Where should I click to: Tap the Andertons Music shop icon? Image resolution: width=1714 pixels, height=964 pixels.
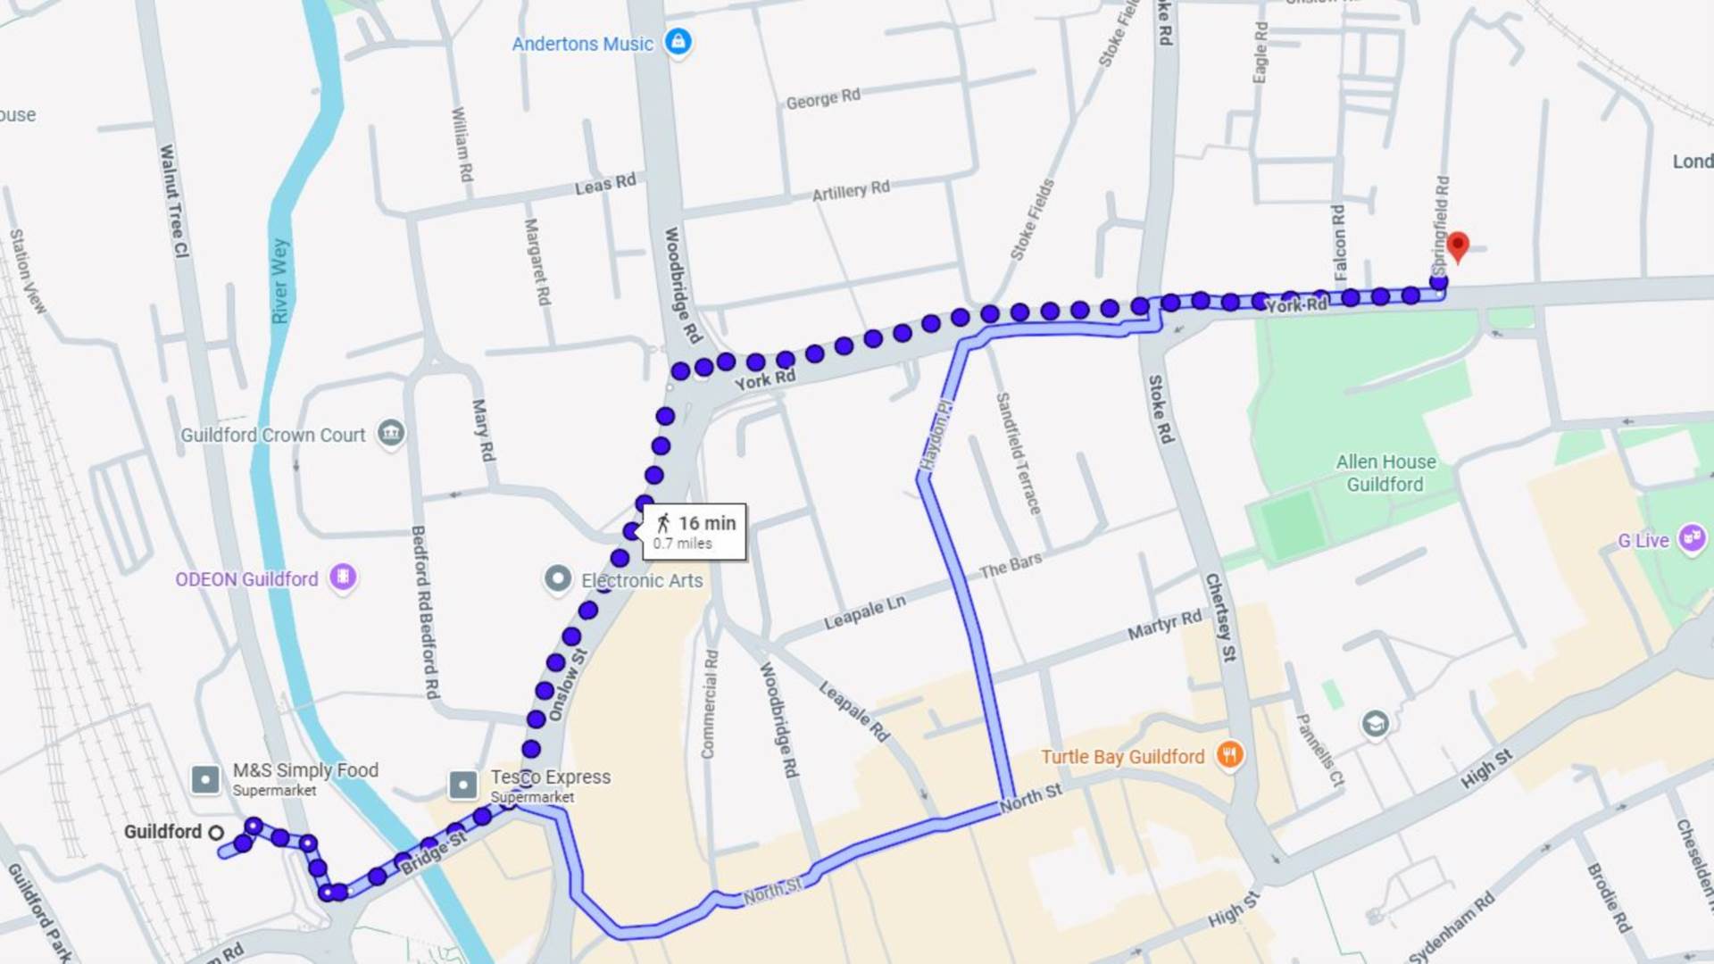point(678,41)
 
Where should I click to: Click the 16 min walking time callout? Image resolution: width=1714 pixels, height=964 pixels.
point(695,532)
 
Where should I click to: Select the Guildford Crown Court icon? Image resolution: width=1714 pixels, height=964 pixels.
point(391,434)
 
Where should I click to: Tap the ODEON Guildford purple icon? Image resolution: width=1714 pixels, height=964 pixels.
point(343,578)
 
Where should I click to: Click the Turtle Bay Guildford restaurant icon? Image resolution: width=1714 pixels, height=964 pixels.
point(1229,755)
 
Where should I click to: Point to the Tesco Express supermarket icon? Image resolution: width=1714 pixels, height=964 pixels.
point(462,785)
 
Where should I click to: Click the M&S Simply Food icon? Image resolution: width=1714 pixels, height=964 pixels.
point(205,779)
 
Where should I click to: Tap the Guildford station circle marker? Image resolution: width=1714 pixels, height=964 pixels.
point(216,832)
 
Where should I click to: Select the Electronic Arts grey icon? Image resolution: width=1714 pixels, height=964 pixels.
point(558,579)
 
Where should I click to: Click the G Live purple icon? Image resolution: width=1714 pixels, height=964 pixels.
point(1691,538)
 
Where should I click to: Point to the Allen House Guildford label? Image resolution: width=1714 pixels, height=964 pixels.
point(1385,473)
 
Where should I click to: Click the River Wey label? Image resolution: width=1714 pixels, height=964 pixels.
point(279,280)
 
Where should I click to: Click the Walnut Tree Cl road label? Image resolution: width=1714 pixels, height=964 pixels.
point(174,202)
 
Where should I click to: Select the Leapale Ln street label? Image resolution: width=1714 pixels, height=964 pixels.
point(864,612)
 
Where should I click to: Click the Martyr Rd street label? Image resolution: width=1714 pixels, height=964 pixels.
point(1164,625)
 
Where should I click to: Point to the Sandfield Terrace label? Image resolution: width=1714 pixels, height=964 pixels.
point(1019,453)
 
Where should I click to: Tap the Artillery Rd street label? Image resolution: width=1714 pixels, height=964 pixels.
point(850,190)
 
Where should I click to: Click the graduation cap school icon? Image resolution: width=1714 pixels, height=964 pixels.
point(1375,723)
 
